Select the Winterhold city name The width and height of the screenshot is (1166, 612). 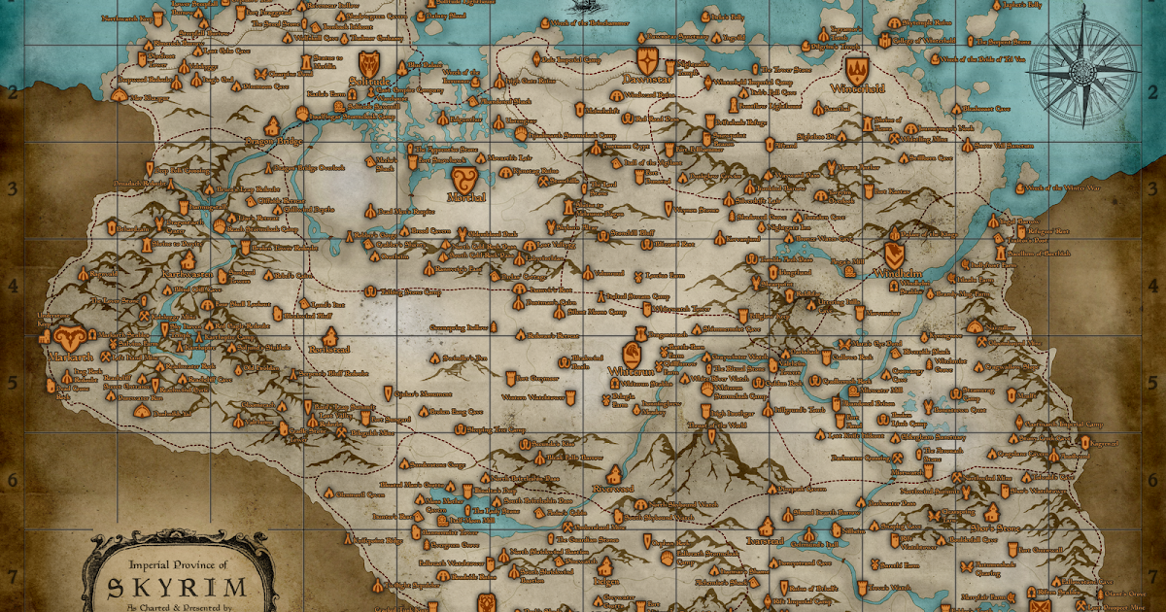click(857, 87)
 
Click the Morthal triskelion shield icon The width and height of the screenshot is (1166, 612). click(463, 178)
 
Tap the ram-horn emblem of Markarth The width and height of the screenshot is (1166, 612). click(69, 338)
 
